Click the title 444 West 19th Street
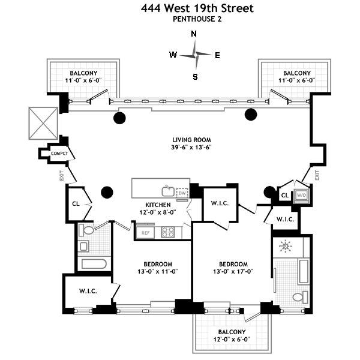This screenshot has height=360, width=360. pyautogui.click(x=197, y=8)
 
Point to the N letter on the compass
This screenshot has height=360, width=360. pyautogui.click(x=194, y=34)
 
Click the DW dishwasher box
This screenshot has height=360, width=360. pyautogui.click(x=182, y=193)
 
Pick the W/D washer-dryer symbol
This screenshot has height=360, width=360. pyautogui.click(x=301, y=195)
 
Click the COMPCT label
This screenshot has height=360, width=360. pyautogui.click(x=59, y=154)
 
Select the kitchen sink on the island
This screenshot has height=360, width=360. pyautogui.click(x=167, y=192)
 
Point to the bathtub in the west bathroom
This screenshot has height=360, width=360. pyautogui.click(x=93, y=265)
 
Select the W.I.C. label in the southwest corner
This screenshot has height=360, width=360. pyautogui.click(x=89, y=292)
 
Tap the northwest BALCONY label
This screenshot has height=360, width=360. pyautogui.click(x=77, y=73)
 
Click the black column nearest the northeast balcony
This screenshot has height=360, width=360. pyautogui.click(x=251, y=114)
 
